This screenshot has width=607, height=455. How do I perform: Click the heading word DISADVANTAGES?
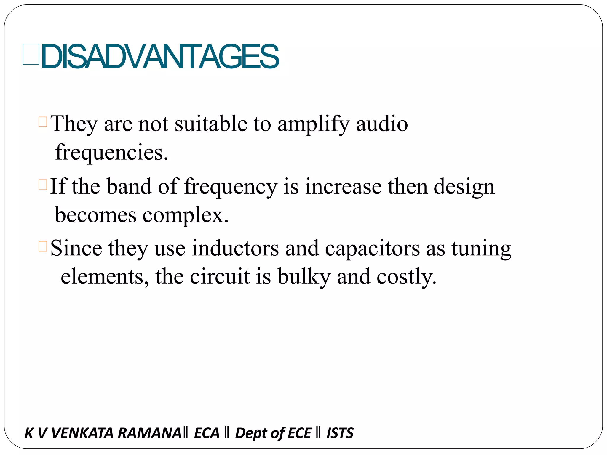coord(160,56)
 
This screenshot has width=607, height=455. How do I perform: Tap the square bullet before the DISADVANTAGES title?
coord(31,54)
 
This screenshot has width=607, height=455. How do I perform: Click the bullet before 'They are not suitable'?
coord(43,122)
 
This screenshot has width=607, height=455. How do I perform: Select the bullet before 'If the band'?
coord(43,185)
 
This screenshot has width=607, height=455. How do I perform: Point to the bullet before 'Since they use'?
coord(43,246)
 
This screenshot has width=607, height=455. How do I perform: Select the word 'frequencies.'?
coord(112,152)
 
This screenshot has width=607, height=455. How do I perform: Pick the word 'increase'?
coord(344,186)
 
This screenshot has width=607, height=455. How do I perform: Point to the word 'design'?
coord(464,187)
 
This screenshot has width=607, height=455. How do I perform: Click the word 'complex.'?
coord(186,215)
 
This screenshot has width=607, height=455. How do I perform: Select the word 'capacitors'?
coord(372,248)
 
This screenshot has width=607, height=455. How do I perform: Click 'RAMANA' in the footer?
coord(149,433)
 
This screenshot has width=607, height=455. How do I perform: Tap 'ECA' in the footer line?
coord(207,433)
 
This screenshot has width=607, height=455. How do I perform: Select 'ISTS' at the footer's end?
coord(340,433)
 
